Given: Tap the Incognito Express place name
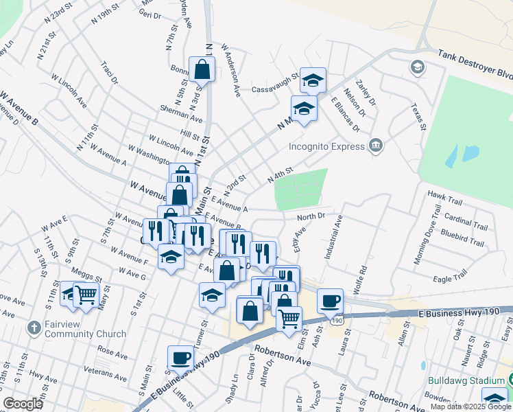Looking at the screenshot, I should point(326,146).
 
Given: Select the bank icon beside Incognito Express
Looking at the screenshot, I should point(375,145).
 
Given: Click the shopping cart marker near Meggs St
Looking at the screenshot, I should point(86,294).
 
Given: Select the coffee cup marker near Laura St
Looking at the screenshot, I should point(330,300).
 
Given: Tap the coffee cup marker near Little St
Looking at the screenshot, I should point(181,357).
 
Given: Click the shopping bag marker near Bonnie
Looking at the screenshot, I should point(202,69).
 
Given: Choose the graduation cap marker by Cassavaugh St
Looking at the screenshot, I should point(313,80).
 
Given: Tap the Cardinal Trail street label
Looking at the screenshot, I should point(466,222).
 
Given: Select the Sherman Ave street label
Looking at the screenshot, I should point(181,118).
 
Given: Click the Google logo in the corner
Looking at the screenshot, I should point(23,404).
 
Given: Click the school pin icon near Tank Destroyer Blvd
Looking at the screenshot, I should point(416,67).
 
